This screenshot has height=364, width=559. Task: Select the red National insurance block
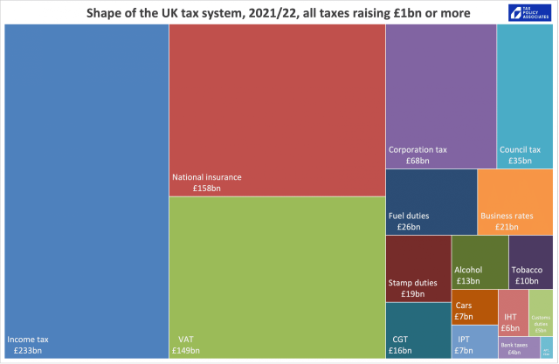pos(277,110)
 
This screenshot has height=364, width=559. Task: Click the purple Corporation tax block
pos(440,96)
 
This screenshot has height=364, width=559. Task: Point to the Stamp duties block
pos(418,268)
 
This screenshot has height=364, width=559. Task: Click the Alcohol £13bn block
pos(480,262)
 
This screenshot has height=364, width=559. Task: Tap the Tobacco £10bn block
pos(530,262)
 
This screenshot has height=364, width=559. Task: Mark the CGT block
pos(418,330)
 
